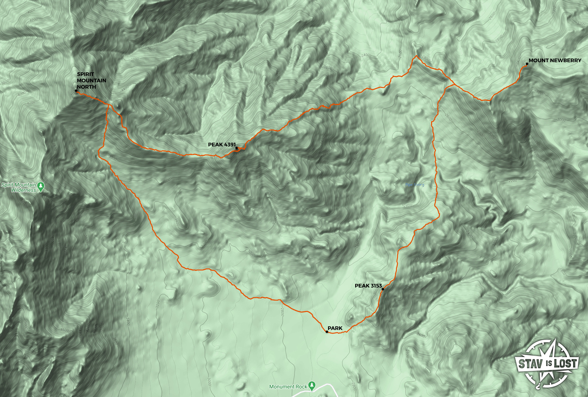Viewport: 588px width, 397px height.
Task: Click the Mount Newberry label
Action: [x=555, y=60]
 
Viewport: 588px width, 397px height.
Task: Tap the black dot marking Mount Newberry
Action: [x=527, y=64]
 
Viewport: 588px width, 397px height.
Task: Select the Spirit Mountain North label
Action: [x=91, y=80]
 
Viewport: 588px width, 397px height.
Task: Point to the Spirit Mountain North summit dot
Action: [x=77, y=91]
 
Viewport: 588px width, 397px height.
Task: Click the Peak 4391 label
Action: [x=222, y=144]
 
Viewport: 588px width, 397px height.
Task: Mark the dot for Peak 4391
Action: [x=237, y=148]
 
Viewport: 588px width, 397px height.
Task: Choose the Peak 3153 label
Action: [x=368, y=286]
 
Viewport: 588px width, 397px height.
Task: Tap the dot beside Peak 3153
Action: [x=383, y=289]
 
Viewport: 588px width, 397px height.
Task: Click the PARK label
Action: [x=335, y=328]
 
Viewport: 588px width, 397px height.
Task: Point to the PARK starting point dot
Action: [x=327, y=331]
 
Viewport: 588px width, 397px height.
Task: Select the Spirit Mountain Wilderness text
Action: [x=19, y=187]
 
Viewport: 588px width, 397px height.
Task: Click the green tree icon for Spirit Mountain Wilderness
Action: [x=41, y=186]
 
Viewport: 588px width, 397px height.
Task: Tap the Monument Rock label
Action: [x=288, y=387]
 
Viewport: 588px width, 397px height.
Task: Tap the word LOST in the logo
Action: [x=565, y=363]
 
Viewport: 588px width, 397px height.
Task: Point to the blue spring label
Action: [x=415, y=185]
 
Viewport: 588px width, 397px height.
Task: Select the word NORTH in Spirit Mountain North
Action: [x=86, y=87]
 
